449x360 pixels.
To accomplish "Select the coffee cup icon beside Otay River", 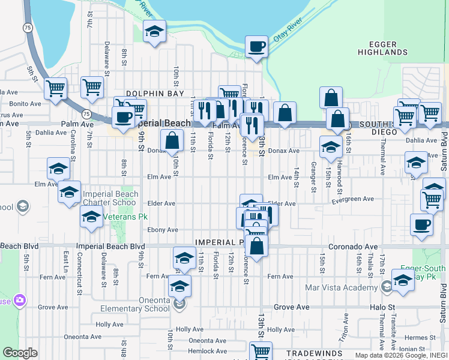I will tap(256, 46).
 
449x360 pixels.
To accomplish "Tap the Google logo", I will tap(20, 353).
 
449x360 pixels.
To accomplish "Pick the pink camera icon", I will tap(20, 299).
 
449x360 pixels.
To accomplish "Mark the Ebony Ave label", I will tap(163, 230).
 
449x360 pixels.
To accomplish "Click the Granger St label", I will tap(313, 173).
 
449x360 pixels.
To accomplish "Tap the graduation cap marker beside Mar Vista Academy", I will tap(403, 280).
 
